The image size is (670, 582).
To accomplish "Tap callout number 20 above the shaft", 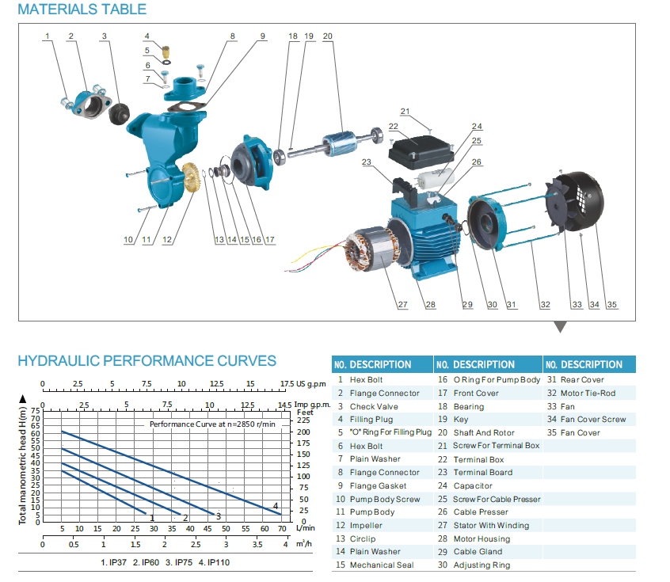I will pos(328,36).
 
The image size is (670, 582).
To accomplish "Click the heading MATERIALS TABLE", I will pos(82,10).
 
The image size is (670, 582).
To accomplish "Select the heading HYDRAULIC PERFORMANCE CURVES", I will pos(147,361).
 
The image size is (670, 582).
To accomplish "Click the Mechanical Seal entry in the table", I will pos(381,565).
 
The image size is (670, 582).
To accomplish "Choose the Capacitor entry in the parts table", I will pos(473,485).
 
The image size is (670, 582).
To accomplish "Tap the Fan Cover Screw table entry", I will pos(592,420).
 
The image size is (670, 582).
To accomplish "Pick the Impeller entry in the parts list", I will pos(366,525).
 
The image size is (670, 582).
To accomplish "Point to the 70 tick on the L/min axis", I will pos(281,529).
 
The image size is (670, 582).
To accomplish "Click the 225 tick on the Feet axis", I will pos(303,421).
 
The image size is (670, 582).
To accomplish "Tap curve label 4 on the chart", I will pos(275,506).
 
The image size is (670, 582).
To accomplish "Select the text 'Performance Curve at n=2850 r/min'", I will pos(213,424).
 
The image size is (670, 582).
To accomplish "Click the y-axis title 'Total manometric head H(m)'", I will pos(24,464).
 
